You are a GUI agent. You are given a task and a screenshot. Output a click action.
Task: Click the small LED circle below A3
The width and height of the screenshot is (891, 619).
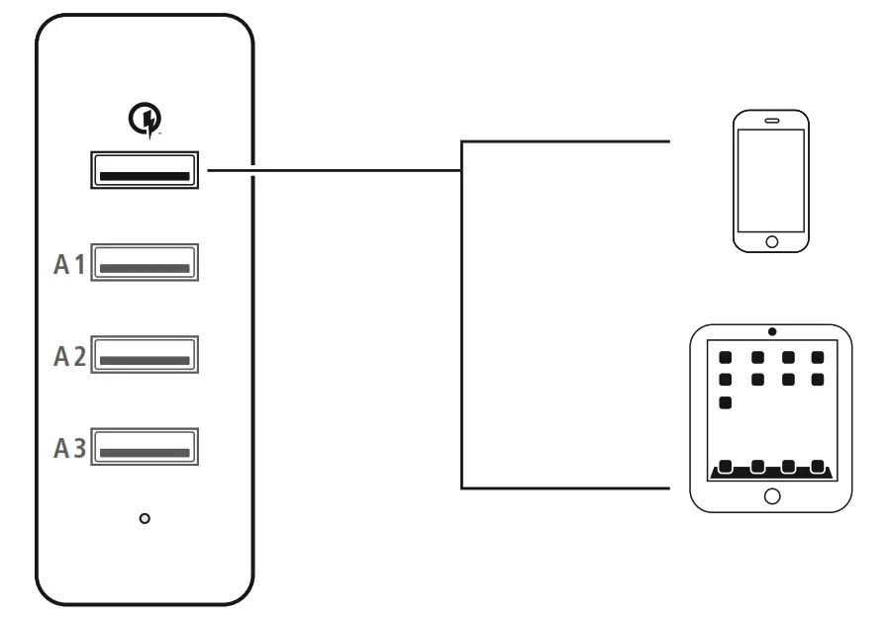coord(146,518)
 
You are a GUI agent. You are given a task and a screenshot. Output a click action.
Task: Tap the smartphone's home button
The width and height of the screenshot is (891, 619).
coord(771,240)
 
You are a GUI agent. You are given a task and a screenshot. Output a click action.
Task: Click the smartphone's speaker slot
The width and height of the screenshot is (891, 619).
coord(771,121)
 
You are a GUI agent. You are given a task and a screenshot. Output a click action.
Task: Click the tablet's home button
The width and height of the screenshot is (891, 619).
coord(772,495)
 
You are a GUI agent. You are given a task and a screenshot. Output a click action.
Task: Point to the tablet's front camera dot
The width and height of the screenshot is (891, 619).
coord(772,330)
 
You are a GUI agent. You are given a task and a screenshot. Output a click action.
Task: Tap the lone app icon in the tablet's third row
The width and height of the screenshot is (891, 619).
coord(726,402)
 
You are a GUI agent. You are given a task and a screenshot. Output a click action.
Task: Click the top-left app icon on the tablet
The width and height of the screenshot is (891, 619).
coord(726,357)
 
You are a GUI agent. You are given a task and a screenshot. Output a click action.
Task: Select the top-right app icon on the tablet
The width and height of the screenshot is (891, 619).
coord(818,357)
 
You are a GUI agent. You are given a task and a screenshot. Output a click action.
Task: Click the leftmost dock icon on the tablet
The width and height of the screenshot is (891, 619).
coord(726,466)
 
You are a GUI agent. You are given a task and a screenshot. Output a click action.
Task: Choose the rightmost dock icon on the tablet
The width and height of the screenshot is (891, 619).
coord(818,466)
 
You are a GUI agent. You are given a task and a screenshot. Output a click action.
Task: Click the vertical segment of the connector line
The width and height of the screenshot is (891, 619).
coord(462,316)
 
